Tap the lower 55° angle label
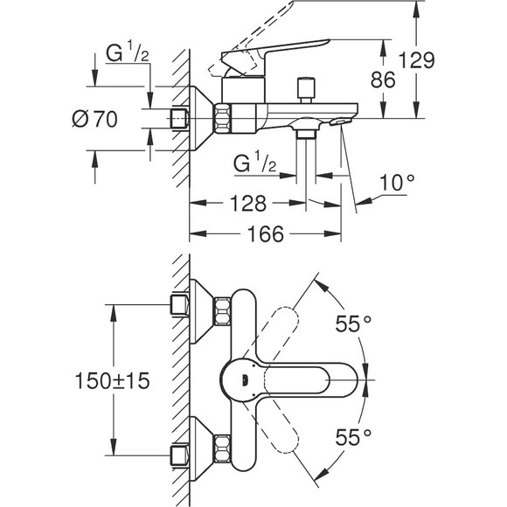[353, 434]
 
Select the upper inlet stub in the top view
[180, 304]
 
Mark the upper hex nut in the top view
[224, 311]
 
